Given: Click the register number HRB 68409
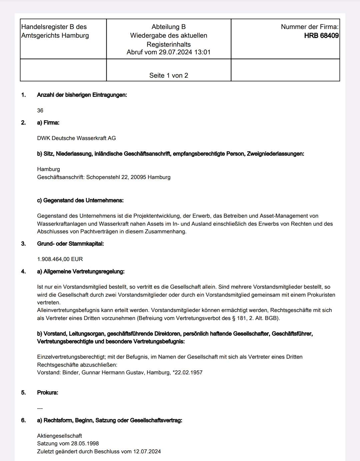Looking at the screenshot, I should pos(321,36).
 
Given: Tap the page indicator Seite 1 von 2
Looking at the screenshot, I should pos(169,75).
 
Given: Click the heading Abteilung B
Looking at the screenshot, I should pos(169,27).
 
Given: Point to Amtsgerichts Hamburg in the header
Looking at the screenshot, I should pos(55,36).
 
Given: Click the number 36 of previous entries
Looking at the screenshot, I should pos(40,110).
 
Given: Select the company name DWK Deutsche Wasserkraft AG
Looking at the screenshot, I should pos(76,138).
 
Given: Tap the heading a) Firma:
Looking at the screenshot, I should pos(48,123).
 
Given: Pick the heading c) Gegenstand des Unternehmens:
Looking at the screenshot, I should pos(80,200).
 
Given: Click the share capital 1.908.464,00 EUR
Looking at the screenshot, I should pos(60,259).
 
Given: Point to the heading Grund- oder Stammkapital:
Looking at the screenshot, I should pos(70,244).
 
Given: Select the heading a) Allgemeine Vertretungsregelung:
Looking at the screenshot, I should pos(81,271).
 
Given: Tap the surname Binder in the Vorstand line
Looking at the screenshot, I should pos(70,372).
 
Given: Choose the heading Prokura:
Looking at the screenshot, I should pos(47,392).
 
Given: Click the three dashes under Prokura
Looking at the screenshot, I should pos(40,408).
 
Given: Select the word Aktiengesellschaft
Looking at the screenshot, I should pos(59,436).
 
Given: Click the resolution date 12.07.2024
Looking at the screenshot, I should pos(147,451).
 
